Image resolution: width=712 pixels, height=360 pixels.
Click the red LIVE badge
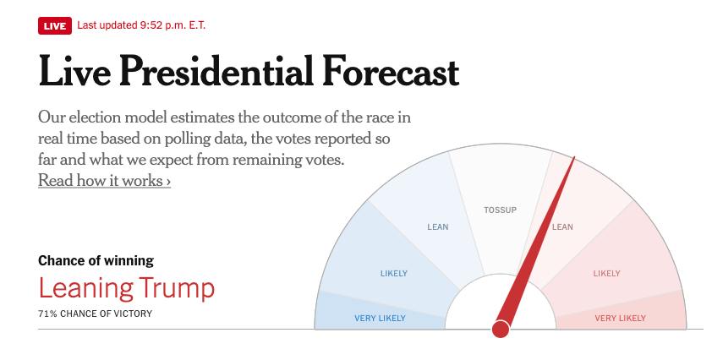point(54,25)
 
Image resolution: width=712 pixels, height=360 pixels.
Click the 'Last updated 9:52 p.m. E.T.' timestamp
point(141,25)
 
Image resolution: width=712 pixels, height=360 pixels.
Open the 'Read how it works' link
point(104,181)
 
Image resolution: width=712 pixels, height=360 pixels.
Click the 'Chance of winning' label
point(96,260)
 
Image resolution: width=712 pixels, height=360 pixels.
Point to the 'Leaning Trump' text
point(126,288)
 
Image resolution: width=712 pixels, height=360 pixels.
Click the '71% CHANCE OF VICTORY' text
point(96,314)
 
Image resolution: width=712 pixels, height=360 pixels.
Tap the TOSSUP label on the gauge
point(500,210)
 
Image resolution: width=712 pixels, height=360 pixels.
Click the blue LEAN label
point(438,227)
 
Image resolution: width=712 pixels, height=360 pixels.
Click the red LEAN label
point(562,227)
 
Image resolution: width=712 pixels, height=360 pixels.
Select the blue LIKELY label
point(393,274)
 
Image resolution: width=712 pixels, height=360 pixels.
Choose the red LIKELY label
point(606,274)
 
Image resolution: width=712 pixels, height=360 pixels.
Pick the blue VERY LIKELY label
point(380,319)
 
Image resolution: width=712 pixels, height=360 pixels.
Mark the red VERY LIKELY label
point(620,319)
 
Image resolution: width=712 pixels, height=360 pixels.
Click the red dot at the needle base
point(501,329)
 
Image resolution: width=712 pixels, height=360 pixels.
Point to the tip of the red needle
point(574,158)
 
